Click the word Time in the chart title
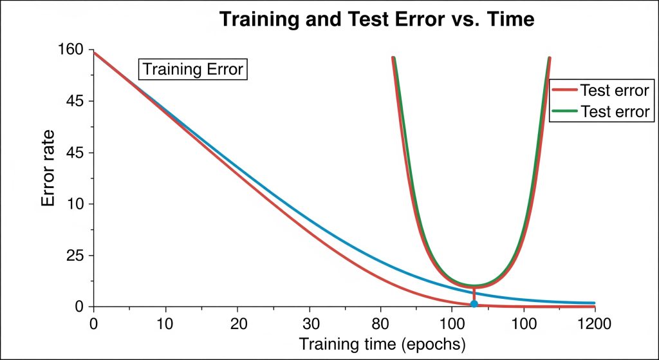511,20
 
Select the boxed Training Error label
193,69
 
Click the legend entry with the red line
600,90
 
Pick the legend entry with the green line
600,111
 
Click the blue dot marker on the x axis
474,304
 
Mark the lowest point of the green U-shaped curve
474,285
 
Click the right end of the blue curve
593,303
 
